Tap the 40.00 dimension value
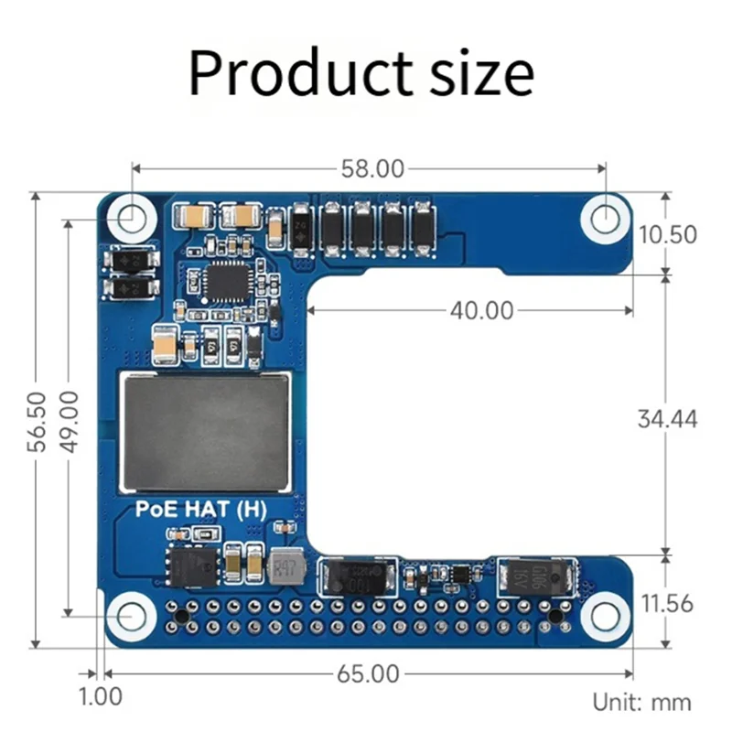[x=481, y=311]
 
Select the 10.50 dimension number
[x=668, y=234]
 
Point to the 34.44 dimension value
[x=668, y=418]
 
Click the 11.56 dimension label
[x=666, y=603]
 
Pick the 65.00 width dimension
[x=369, y=674]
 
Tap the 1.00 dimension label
[x=101, y=696]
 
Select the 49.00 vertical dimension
[x=69, y=421]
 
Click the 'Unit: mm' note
[x=641, y=703]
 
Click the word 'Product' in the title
[x=290, y=73]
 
